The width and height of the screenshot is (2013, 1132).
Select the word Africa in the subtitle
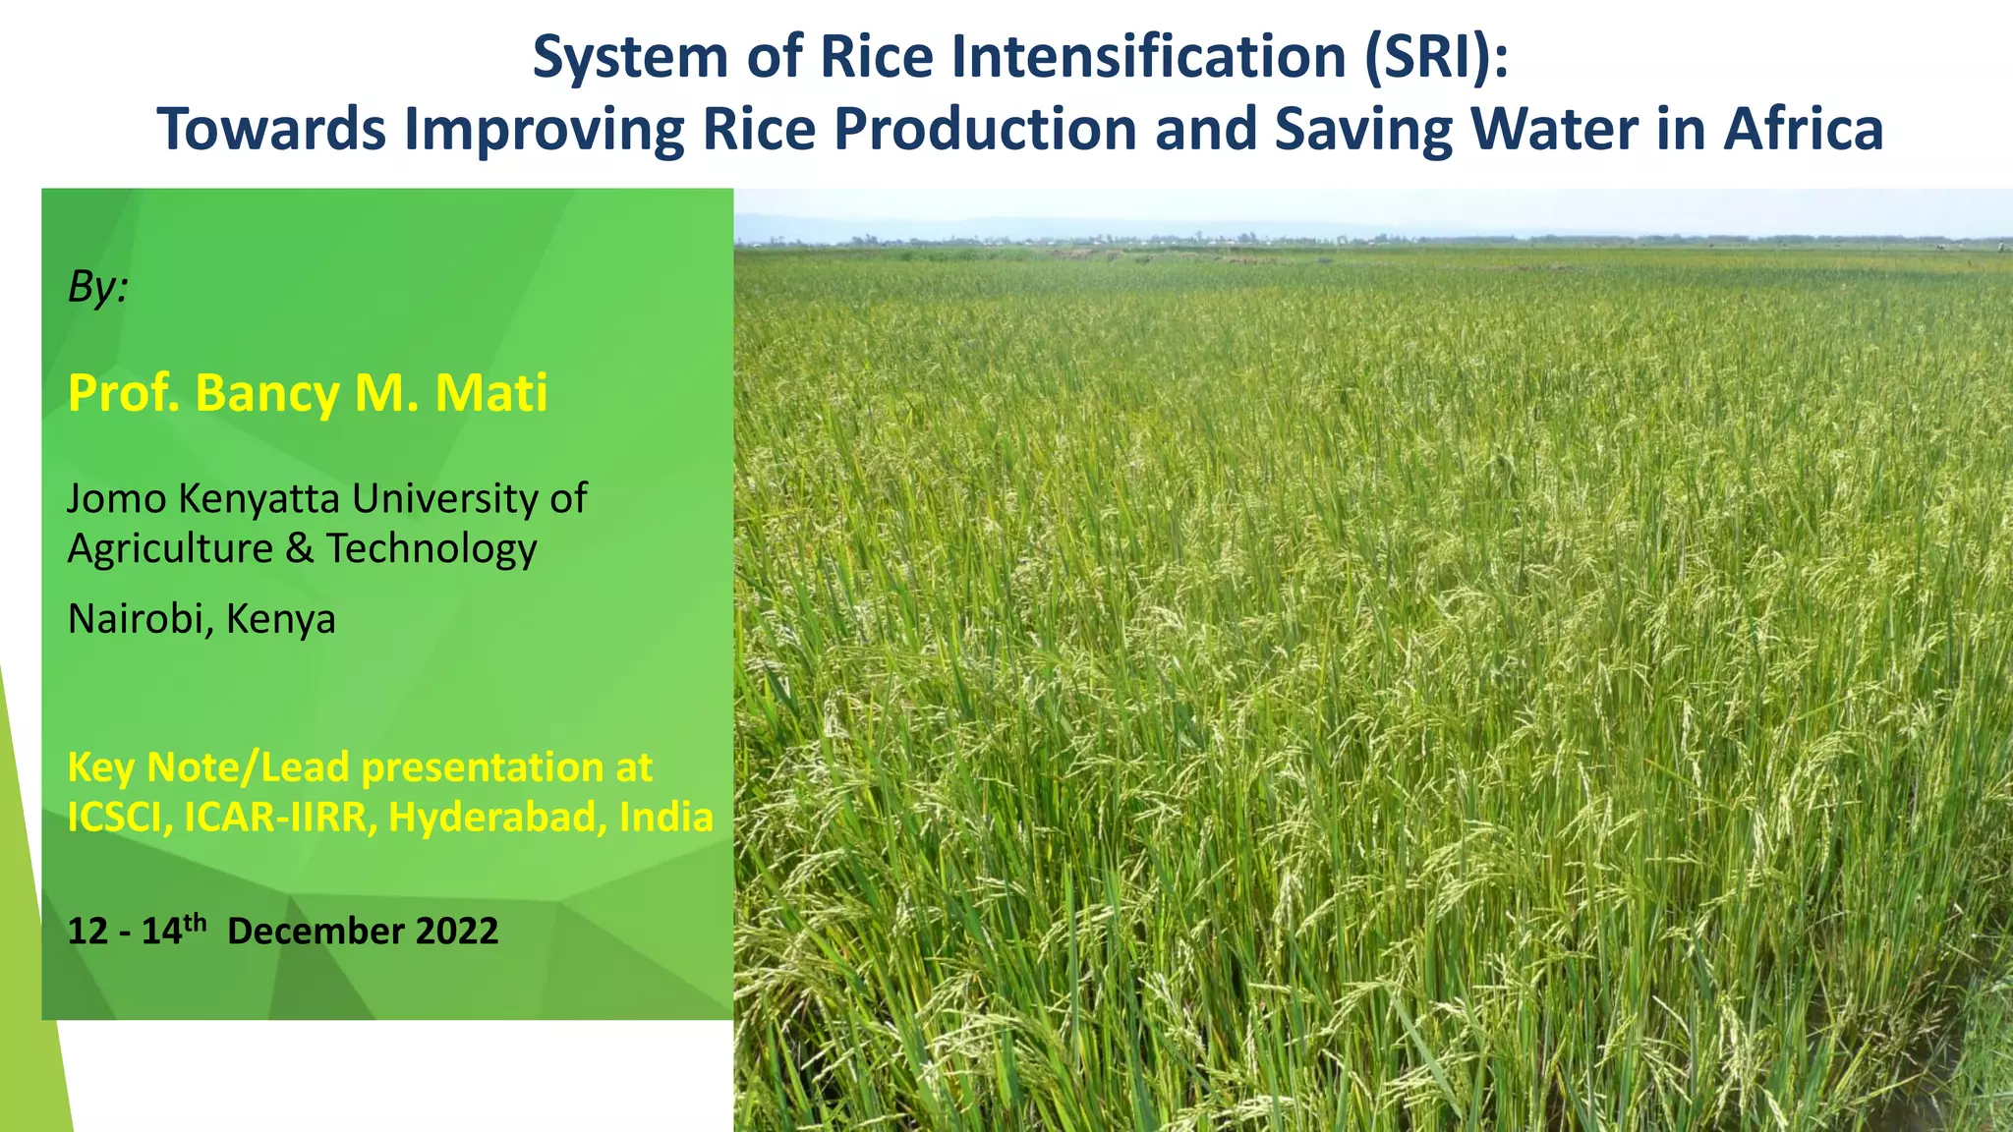pyautogui.click(x=1803, y=129)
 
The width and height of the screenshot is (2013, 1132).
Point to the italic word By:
pyautogui.click(x=97, y=287)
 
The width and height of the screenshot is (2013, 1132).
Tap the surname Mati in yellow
pyautogui.click(x=490, y=393)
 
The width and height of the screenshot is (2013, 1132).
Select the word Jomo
pyautogui.click(x=116, y=499)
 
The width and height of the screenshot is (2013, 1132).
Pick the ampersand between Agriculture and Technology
pyautogui.click(x=300, y=548)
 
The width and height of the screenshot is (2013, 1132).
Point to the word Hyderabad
pyautogui.click(x=497, y=818)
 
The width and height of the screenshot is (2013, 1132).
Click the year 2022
pyautogui.click(x=457, y=932)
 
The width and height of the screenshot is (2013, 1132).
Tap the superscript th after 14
pyautogui.click(x=195, y=922)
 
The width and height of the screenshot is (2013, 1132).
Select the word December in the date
pyautogui.click(x=316, y=932)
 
